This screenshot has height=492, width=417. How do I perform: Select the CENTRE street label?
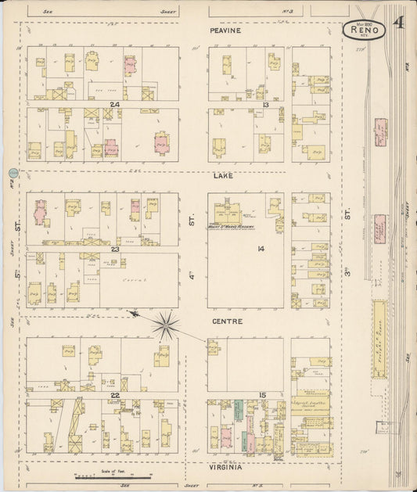pos(226,321)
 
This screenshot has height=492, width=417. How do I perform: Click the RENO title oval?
pos(364,31)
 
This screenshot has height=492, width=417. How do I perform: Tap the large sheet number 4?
pos(400,22)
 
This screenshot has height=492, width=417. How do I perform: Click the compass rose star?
pos(165,325)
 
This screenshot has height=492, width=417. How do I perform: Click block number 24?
pos(114,104)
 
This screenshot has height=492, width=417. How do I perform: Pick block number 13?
pos(266,104)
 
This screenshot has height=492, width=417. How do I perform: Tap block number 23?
pos(114,250)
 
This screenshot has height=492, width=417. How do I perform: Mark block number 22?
pos(114,396)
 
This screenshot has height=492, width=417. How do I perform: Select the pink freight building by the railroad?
pos(379,230)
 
